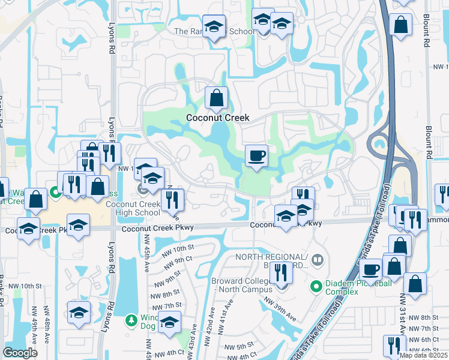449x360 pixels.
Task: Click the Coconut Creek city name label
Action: (x=217, y=118)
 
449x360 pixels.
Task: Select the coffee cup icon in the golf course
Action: (x=256, y=156)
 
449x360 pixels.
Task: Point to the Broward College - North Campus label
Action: (x=243, y=284)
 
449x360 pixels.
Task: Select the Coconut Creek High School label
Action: (x=133, y=208)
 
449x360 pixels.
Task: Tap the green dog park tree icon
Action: (x=132, y=320)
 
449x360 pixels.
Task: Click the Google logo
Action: (x=20, y=353)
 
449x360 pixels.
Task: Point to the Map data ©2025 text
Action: (x=423, y=355)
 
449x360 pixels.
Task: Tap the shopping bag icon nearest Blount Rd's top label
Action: (x=400, y=25)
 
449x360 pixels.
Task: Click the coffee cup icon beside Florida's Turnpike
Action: (x=372, y=269)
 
